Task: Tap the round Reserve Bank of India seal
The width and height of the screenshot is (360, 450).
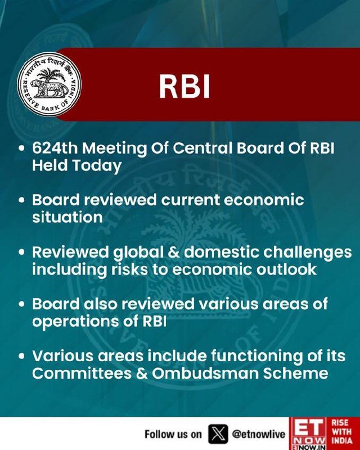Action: [x=49, y=84]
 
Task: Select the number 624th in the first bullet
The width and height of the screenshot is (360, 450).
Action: [x=55, y=148]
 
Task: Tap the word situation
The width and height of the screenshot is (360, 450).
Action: [x=67, y=217]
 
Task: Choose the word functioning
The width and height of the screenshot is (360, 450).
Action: [x=257, y=357]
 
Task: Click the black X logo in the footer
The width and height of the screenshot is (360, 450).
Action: [x=218, y=434]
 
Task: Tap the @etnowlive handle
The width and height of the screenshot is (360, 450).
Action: [x=258, y=434]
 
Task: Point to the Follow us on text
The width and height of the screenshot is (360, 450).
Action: [x=173, y=434]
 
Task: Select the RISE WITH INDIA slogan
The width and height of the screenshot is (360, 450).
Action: [x=341, y=431]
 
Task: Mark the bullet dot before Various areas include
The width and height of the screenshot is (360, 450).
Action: [x=21, y=356]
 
